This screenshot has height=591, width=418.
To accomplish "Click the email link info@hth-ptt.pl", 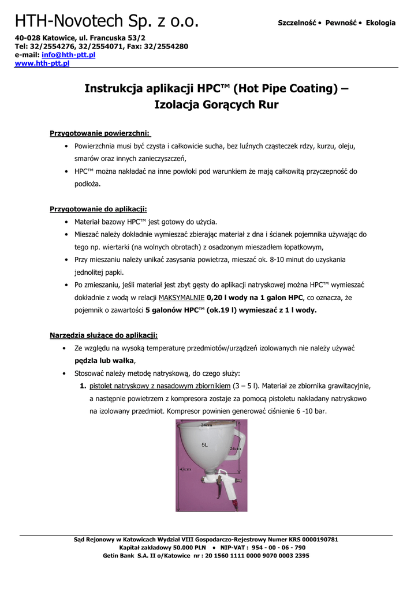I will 68,55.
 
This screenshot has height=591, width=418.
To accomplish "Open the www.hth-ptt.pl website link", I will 42,63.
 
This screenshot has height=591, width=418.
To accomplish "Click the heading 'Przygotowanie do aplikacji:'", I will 98,209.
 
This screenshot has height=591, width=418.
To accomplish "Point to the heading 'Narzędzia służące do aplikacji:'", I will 103,335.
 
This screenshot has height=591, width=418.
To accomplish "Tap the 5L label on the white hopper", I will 204,445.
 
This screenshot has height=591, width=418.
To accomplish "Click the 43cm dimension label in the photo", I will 185,469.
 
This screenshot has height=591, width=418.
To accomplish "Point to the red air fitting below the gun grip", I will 236,505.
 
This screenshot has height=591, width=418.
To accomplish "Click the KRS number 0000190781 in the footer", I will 315,540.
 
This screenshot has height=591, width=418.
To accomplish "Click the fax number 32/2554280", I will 167,46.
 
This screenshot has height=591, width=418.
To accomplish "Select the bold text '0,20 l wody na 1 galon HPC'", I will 255,298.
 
